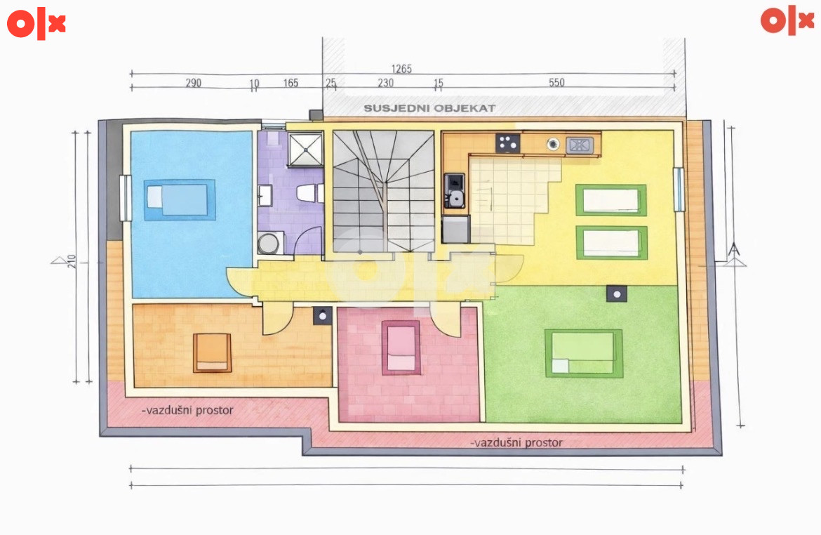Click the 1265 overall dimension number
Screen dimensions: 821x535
coord(401,69)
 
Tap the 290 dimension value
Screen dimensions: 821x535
coord(193,83)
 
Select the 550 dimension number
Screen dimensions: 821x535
coord(556,82)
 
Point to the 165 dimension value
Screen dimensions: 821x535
coord(291,83)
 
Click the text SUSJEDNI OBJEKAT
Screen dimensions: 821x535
coord(429,108)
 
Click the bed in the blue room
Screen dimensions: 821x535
coord(180,199)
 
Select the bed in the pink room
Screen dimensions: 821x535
coord(401,348)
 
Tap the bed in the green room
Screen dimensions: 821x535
coord(584,353)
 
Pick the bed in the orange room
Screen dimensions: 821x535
coord(212,352)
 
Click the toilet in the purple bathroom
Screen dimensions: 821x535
coord(309,193)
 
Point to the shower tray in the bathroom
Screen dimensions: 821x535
coord(305,150)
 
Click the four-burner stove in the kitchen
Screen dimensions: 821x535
coord(507,143)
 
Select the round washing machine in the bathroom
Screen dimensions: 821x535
coord(269,243)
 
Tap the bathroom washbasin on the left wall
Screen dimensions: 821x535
coord(265,195)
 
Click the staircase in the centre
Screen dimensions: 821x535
coord(384,192)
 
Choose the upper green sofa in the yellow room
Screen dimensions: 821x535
coord(611,199)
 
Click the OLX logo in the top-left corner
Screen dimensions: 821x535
coord(36,24)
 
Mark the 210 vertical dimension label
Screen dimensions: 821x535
coord(72,261)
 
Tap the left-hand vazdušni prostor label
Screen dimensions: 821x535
coord(187,410)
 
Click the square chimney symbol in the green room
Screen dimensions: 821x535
coord(617,294)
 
